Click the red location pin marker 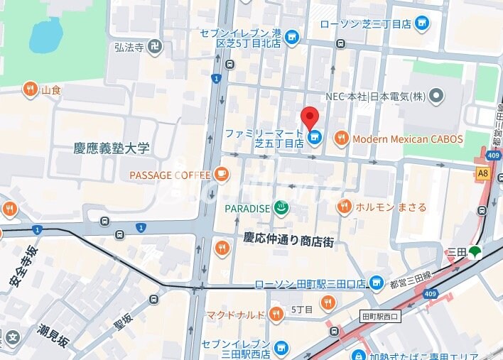(x=310, y=117)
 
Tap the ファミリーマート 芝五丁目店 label (x=264, y=138)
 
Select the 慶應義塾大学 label (x=112, y=148)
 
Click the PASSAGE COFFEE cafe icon (x=222, y=174)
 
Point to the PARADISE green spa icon (x=281, y=208)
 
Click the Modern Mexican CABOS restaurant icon (x=342, y=138)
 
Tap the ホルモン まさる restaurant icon (x=345, y=207)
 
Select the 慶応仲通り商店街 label (x=288, y=241)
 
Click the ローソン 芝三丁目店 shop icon (x=423, y=23)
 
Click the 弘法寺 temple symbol (x=156, y=47)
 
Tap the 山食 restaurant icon (x=30, y=89)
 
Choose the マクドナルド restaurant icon (x=276, y=315)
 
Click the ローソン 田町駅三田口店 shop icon (x=377, y=283)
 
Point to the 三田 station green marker (x=474, y=251)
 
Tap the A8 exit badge (x=483, y=173)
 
